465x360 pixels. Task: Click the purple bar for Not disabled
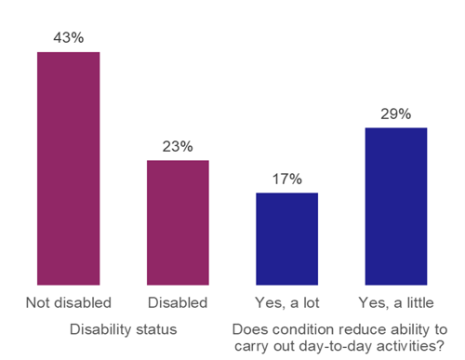68,167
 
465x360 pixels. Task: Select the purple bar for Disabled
178,222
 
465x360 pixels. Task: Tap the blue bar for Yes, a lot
286,238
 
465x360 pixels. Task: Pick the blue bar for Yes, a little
396,206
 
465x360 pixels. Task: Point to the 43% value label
68,37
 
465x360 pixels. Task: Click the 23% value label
178,146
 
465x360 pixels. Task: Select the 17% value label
286,179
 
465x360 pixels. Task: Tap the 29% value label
396,113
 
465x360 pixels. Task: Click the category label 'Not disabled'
68,303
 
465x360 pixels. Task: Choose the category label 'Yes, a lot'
286,303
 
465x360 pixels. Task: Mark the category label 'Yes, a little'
396,303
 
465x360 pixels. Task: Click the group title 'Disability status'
123,329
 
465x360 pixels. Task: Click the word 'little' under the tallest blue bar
417,303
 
